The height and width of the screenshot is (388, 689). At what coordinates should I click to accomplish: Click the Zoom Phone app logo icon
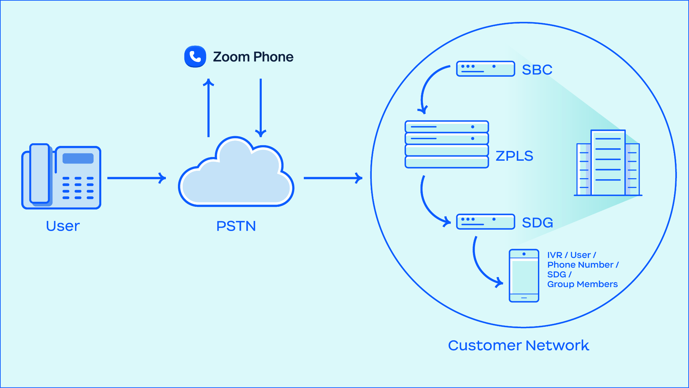(195, 56)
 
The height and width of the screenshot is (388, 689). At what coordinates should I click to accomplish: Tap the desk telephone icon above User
(61, 177)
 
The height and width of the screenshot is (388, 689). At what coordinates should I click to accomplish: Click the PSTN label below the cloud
(236, 226)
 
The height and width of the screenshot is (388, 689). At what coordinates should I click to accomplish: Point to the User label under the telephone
(63, 226)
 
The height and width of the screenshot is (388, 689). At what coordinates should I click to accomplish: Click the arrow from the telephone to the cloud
(136, 178)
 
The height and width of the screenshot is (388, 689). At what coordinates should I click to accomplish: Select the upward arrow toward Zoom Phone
(209, 108)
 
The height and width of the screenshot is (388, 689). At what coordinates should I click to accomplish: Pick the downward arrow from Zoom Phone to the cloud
(261, 108)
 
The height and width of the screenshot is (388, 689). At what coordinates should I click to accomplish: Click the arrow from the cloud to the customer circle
(332, 178)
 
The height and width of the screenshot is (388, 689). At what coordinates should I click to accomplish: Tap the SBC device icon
(485, 69)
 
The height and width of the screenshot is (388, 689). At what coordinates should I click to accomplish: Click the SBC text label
(537, 70)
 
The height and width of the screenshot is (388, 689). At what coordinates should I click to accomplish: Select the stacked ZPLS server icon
(447, 144)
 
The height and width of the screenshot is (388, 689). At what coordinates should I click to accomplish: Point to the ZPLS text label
(514, 156)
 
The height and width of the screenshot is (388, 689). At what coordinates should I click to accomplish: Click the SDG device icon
(485, 222)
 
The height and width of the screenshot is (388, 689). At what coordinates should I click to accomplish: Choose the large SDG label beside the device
(537, 223)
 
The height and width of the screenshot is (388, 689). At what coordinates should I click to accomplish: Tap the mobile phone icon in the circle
(524, 276)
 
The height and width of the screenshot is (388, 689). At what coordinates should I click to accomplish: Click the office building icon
(608, 163)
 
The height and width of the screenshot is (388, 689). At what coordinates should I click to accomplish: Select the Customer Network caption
(518, 345)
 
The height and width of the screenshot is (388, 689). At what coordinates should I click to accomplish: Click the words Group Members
(582, 284)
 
